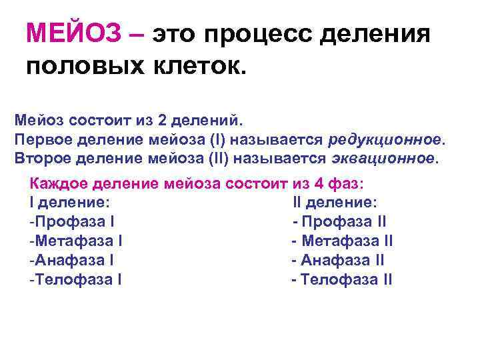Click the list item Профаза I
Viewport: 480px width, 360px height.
click(74, 221)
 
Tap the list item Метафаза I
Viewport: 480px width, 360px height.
click(75, 241)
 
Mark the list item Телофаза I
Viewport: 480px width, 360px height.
click(75, 279)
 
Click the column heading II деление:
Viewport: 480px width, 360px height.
click(335, 202)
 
